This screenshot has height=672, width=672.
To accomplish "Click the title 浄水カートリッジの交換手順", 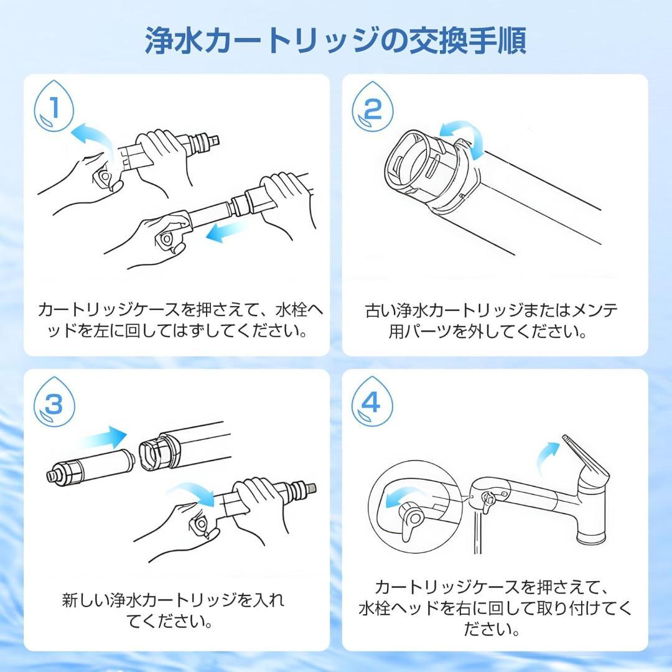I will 336,40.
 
